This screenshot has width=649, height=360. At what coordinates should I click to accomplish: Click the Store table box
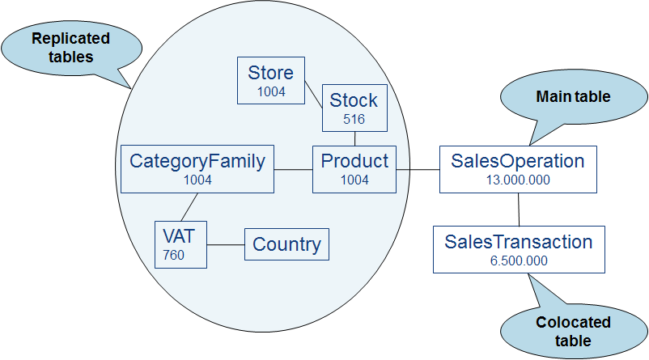tap(271, 80)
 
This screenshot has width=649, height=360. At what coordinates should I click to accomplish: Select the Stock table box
tap(354, 108)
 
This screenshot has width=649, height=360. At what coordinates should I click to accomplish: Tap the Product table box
tap(354, 169)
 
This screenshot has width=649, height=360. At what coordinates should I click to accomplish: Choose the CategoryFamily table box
tap(197, 169)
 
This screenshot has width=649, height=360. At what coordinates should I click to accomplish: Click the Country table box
tap(286, 244)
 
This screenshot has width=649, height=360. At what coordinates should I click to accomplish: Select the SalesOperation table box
tap(518, 169)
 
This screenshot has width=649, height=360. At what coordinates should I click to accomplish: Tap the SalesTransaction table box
tap(519, 249)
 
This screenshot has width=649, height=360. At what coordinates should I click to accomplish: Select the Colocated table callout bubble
tap(573, 330)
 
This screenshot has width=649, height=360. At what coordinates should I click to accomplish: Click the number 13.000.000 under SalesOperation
tap(518, 180)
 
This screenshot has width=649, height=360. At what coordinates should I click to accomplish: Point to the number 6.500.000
tap(519, 260)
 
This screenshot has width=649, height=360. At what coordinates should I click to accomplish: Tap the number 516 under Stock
tap(354, 119)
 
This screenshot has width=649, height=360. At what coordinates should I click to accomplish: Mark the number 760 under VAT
tap(173, 256)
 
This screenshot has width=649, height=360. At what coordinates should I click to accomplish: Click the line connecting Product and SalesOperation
tap(418, 169)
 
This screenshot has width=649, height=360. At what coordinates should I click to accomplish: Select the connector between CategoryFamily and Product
tap(294, 169)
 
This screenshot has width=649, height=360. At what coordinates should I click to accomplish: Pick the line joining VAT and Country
tap(226, 244)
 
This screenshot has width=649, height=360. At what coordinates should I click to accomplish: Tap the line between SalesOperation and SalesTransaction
tap(518, 210)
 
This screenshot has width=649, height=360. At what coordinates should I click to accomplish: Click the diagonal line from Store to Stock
tap(315, 94)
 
